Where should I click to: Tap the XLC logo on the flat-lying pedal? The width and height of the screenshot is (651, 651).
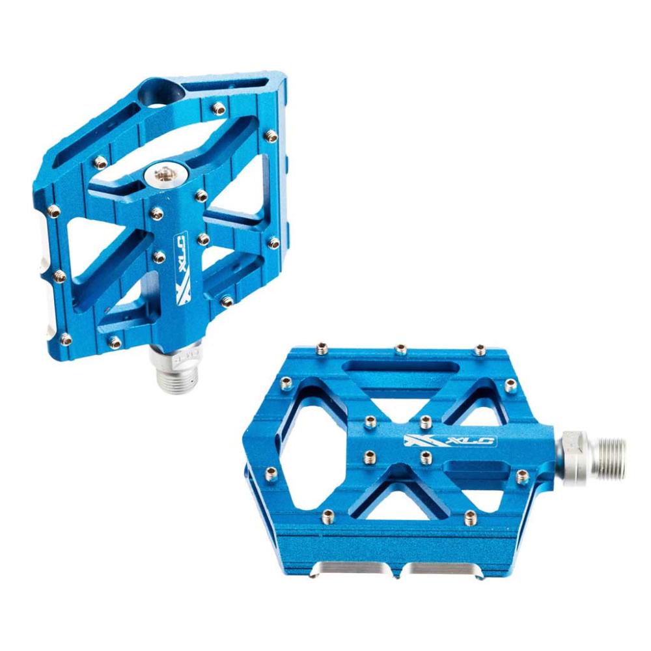[x=450, y=441]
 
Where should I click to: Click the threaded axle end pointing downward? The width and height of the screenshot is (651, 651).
[x=178, y=376]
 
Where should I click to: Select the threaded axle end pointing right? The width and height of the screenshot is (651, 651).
[x=608, y=456]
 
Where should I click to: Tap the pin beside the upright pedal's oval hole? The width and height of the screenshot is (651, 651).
[x=219, y=109]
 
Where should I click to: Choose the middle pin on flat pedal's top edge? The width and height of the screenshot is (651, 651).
[x=400, y=349]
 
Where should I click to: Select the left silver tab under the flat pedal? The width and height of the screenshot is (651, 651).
[x=356, y=568]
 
